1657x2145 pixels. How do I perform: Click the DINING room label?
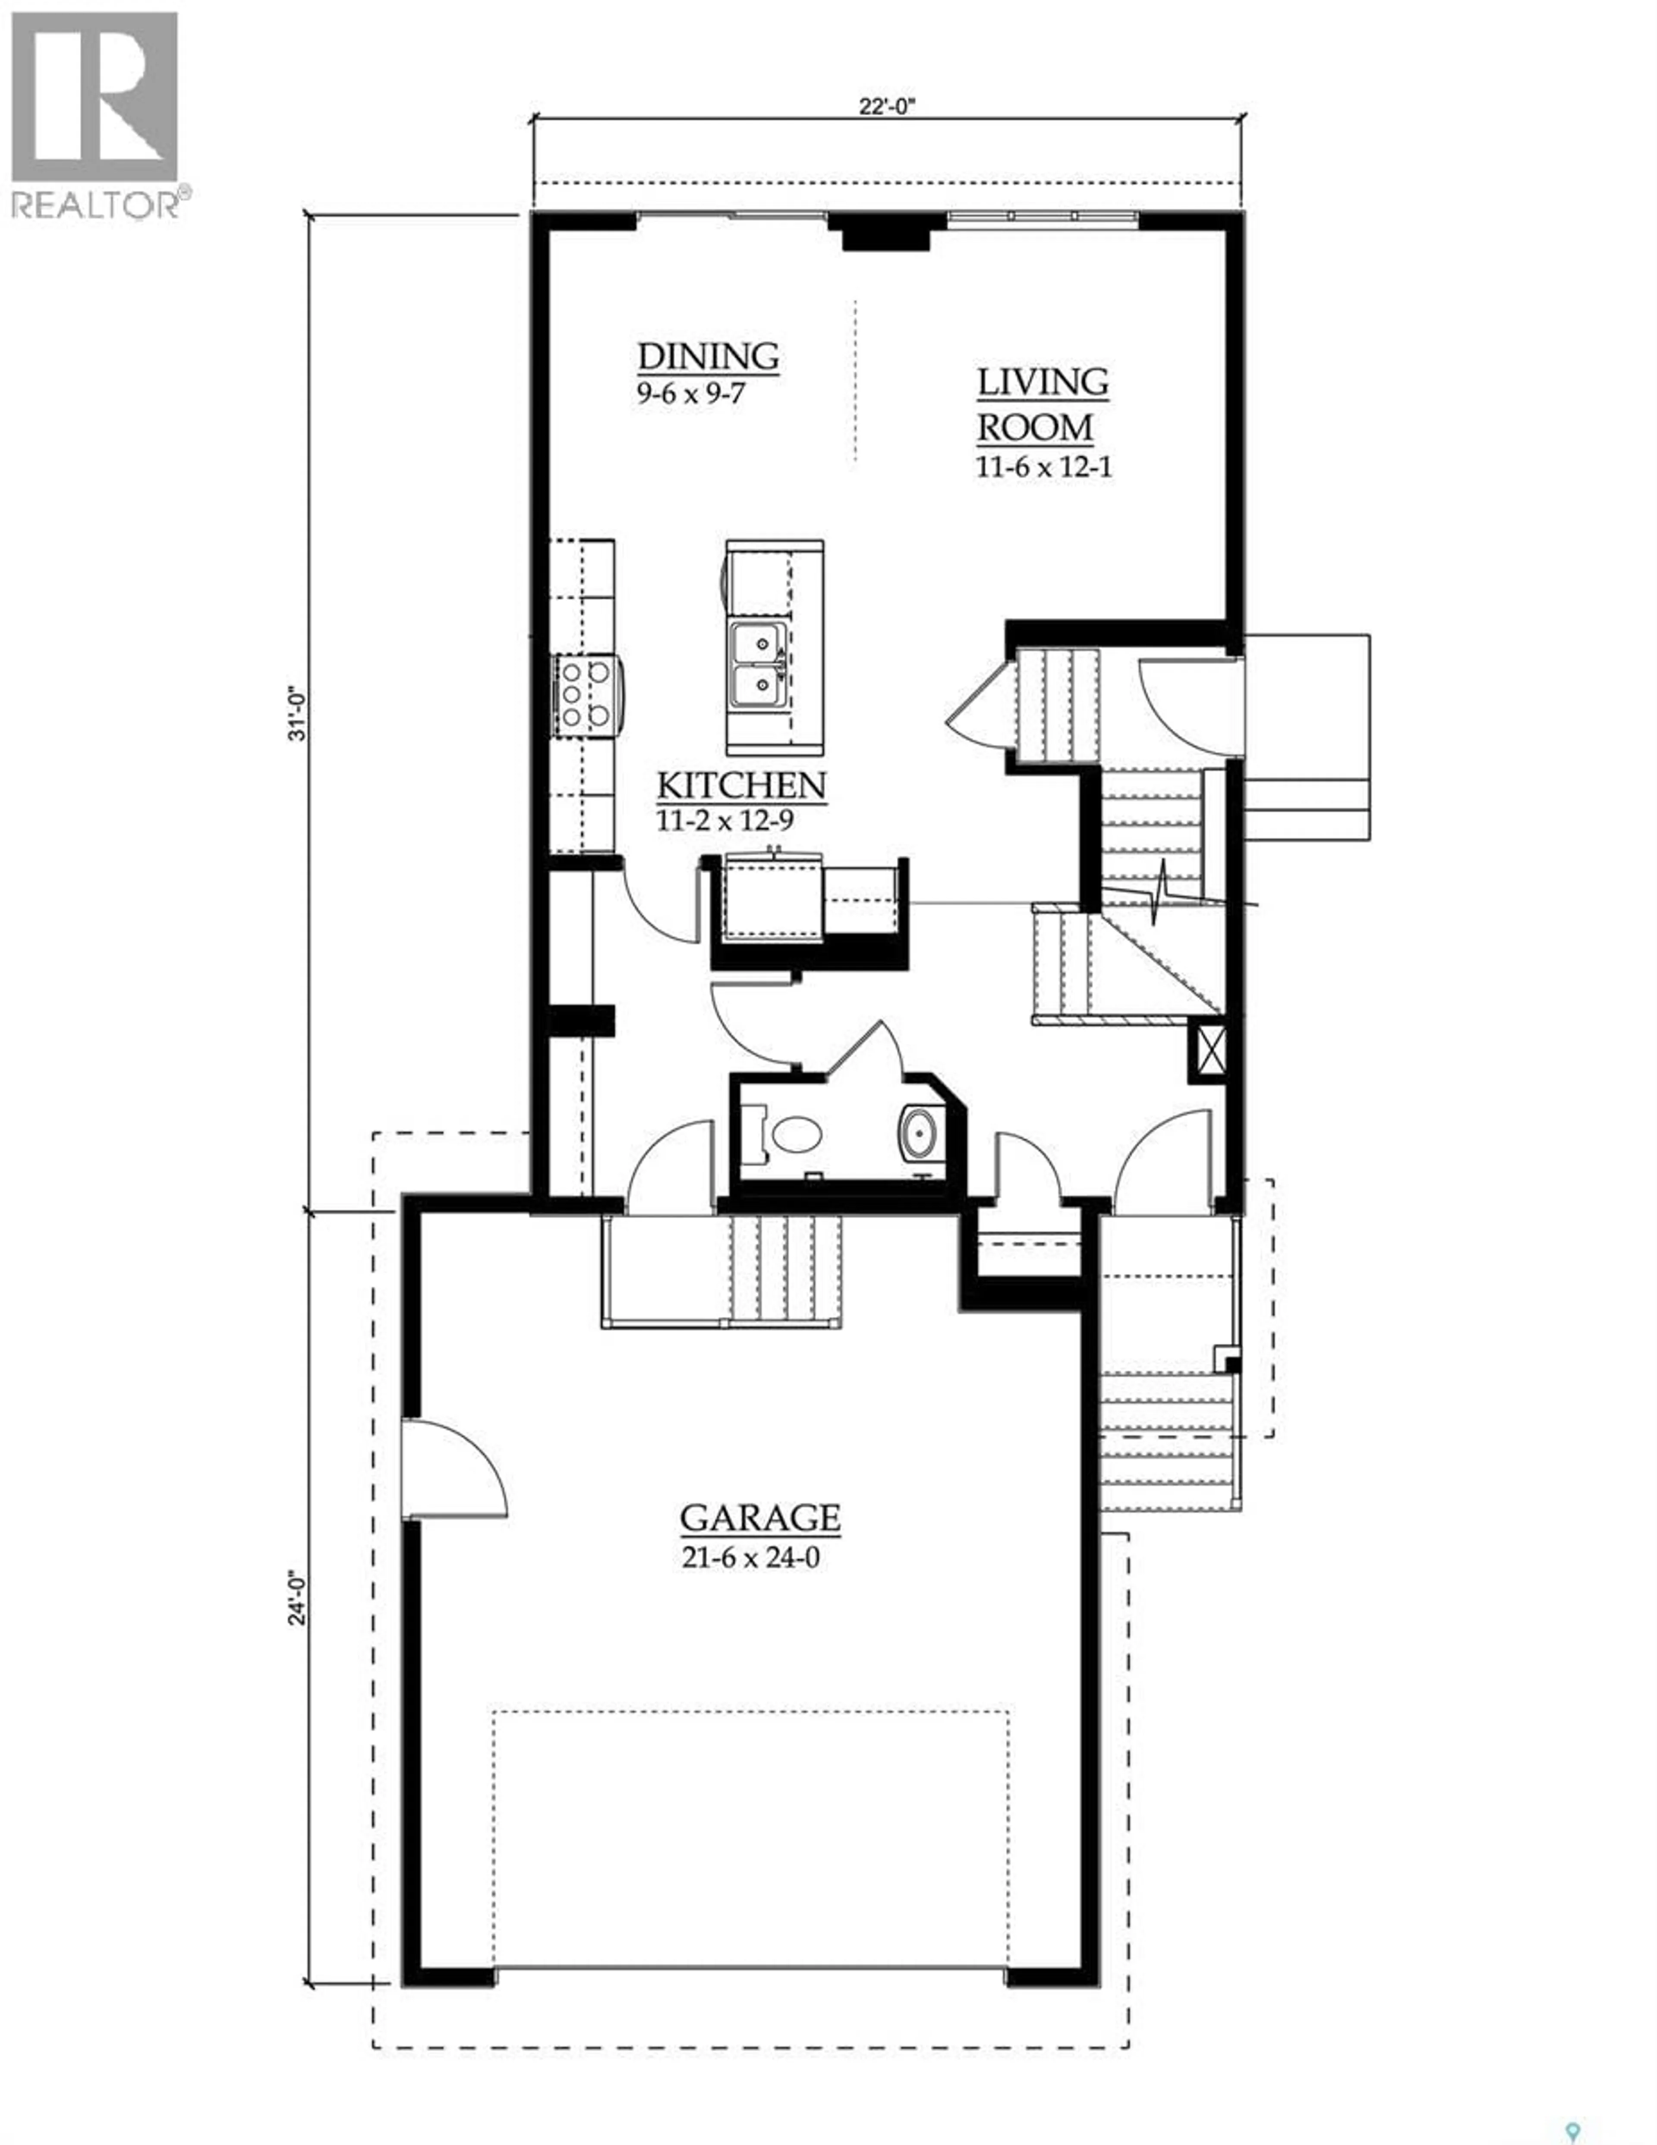708,356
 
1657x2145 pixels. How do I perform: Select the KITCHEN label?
740,786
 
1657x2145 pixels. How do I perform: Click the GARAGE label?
759,1518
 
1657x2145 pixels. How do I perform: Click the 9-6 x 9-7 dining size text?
690,395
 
